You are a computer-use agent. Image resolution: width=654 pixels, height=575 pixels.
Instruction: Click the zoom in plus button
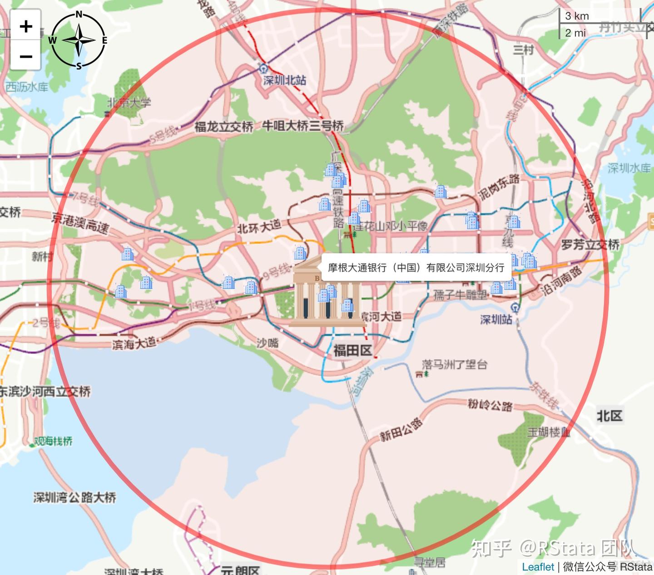[x=26, y=26]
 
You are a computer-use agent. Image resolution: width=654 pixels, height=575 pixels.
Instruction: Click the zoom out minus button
[x=26, y=56]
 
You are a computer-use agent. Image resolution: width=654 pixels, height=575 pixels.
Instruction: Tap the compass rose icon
[x=79, y=40]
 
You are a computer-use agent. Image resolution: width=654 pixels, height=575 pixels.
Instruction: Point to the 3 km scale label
[x=577, y=16]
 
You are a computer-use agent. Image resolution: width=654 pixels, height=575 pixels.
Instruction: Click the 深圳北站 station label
[x=285, y=80]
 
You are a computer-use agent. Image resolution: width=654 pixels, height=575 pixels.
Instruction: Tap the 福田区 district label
[x=353, y=350]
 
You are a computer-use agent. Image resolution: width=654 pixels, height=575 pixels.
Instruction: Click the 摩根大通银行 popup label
[x=416, y=268]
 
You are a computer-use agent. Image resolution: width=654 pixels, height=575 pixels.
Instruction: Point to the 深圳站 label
[x=496, y=319]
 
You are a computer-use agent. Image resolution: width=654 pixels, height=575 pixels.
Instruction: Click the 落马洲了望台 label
[x=454, y=364]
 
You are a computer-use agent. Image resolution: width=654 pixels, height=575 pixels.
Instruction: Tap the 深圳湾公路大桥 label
[x=74, y=497]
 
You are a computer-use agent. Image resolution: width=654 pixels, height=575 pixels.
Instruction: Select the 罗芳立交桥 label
[x=590, y=245]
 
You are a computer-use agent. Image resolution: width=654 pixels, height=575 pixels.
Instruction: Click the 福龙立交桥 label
[x=223, y=127]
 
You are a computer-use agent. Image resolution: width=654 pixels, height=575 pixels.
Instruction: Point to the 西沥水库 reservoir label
[x=27, y=87]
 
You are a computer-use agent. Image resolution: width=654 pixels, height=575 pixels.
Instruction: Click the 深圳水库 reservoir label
[x=629, y=168]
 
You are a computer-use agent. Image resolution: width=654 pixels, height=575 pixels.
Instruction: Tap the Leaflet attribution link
[x=538, y=567]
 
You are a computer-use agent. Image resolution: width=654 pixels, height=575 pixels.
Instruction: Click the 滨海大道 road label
[x=134, y=344]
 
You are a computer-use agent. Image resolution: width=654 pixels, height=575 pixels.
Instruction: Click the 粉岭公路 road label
[x=490, y=404]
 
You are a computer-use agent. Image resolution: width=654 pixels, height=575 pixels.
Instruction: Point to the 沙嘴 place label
[x=268, y=343]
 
